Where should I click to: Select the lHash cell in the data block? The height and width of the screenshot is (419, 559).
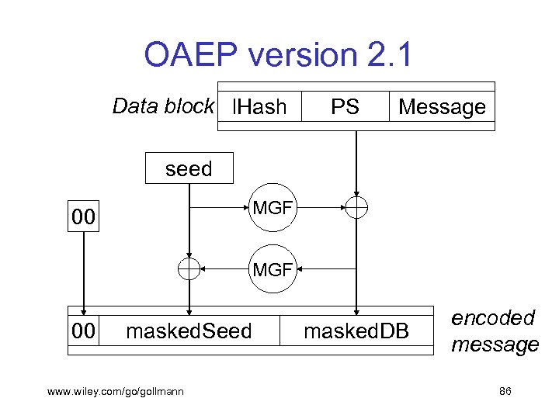click(259, 107)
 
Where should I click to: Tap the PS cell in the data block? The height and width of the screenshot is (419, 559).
click(345, 107)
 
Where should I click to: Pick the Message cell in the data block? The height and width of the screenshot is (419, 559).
click(442, 107)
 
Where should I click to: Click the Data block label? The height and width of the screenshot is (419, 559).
click(162, 106)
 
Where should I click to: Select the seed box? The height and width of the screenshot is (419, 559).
click(189, 168)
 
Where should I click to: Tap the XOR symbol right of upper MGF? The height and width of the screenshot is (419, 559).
click(356, 207)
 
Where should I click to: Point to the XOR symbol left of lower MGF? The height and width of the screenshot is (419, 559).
click(189, 269)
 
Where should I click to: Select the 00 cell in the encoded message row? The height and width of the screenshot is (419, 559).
click(84, 331)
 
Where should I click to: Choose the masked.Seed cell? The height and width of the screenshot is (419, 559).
click(189, 331)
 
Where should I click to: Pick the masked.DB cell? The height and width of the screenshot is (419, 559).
click(356, 331)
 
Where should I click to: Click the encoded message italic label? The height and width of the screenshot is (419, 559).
click(494, 331)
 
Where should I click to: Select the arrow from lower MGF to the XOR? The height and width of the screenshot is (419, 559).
click(226, 269)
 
